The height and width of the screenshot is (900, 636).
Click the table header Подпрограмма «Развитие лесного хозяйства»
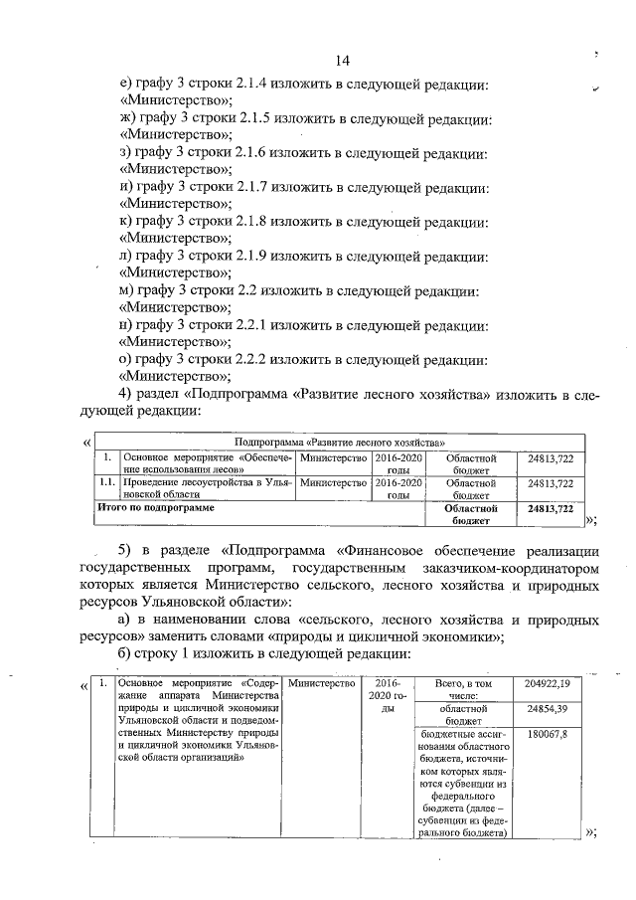tap(339, 441)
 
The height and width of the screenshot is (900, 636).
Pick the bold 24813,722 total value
tap(551, 508)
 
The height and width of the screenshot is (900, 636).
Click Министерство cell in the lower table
tap(320, 684)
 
